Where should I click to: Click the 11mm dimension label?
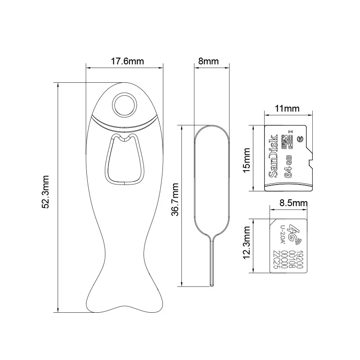pyautogui.click(x=288, y=108)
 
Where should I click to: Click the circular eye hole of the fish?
pyautogui.click(x=124, y=105)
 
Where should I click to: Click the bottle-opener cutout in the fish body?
pyautogui.click(x=124, y=160)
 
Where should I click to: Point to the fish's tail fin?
pyautogui.click(x=124, y=297)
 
